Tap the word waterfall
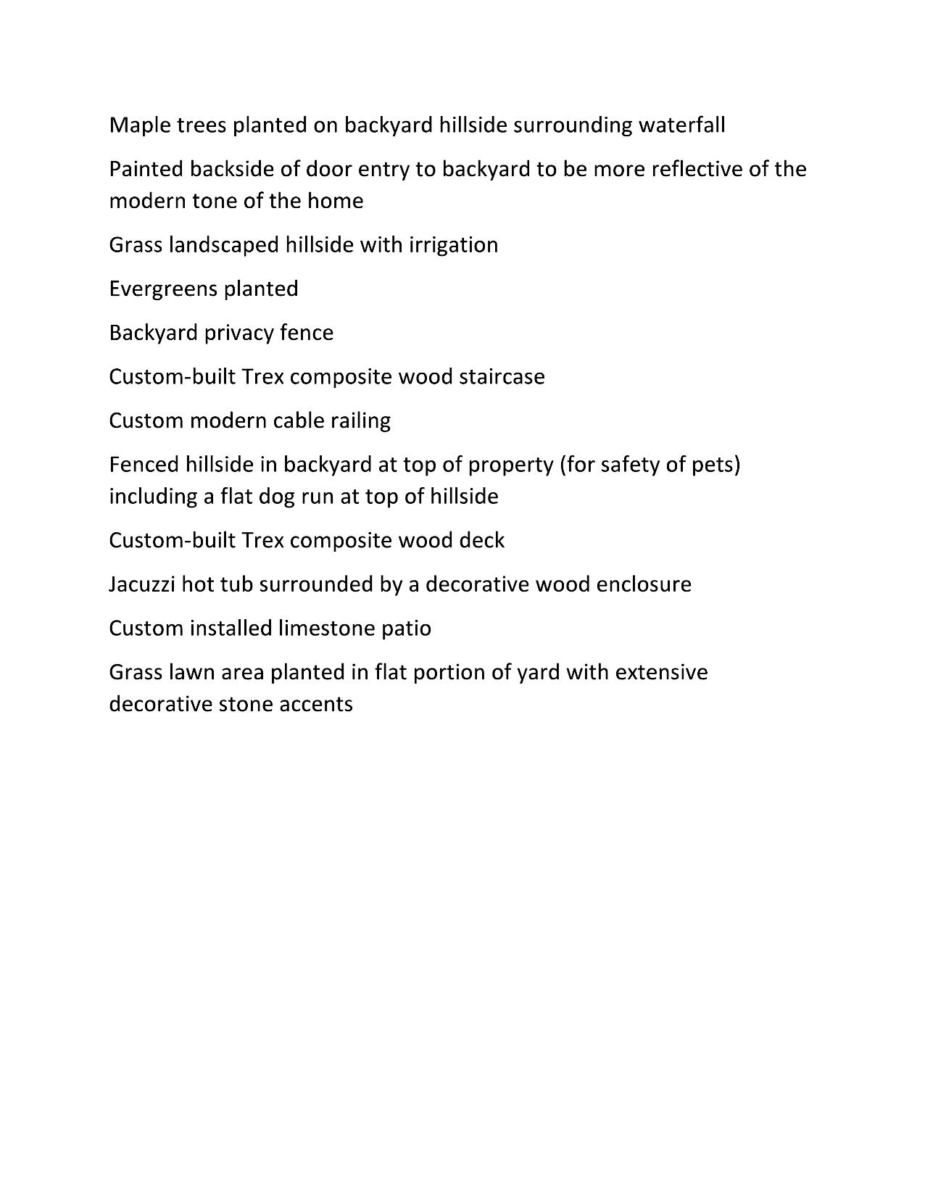tap(681, 125)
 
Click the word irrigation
tap(454, 245)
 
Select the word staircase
tap(502, 377)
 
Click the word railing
tap(360, 421)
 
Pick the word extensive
tap(661, 672)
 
